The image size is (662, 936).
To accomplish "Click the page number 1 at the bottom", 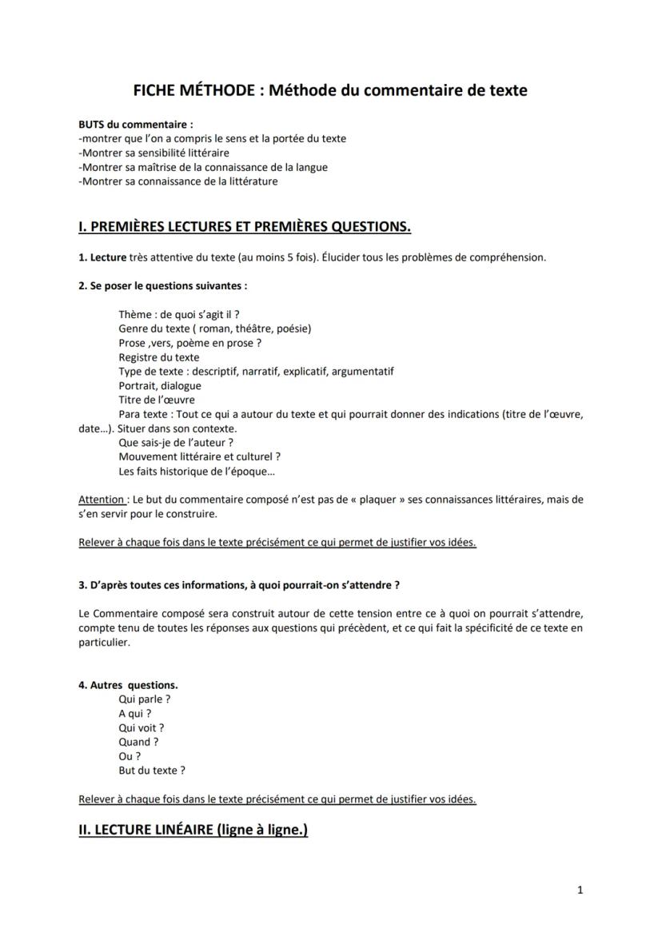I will pos(580,890).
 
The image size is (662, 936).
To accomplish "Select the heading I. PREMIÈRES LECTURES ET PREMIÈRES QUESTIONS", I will pos(245,227).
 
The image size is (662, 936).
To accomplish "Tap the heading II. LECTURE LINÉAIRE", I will pos(193,830).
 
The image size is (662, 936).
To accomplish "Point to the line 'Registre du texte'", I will pos(159,357).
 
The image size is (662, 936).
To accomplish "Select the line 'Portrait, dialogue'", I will pos(160,385).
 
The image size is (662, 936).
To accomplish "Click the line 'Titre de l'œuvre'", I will pos(157,400).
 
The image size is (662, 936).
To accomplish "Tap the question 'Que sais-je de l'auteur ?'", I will pos(176,442).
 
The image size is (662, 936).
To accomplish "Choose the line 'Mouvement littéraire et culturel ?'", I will pos(199,456).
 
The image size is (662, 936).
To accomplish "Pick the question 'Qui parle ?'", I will pos(145,699).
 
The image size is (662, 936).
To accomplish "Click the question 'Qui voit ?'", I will pos(142,728).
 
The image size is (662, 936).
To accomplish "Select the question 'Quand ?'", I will pos(138,742).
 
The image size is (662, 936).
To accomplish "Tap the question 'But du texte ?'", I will pos(152,771).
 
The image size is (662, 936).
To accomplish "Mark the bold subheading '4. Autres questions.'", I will pos(128,685).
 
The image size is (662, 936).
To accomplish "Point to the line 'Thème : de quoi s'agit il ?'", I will pos(179,314).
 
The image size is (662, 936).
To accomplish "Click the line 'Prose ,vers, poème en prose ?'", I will pos(190,343).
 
